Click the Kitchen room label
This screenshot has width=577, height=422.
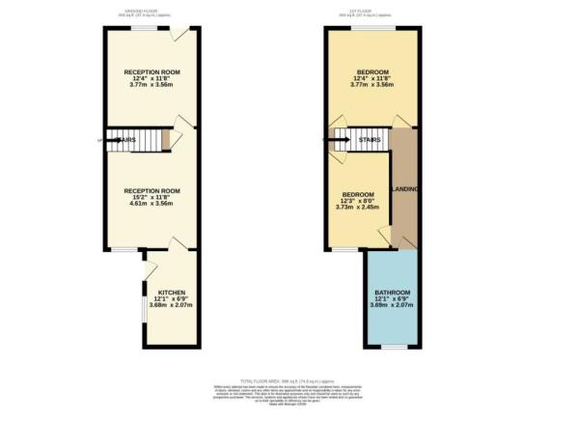pos(172,292)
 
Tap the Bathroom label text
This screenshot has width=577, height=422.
pos(393,292)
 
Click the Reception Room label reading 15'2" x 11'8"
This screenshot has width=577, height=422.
pos(151,191)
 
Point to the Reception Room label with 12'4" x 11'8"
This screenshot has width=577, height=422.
pos(151,71)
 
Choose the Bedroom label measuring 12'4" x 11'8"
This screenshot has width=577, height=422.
pos(371,71)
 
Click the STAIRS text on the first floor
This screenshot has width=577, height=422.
pos(369,139)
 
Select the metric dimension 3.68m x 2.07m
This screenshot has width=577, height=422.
pos(172,305)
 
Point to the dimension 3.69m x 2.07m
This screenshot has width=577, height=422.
pos(393,305)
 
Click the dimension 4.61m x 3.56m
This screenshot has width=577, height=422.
pos(151,205)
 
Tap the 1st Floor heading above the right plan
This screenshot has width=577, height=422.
pos(372,11)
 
